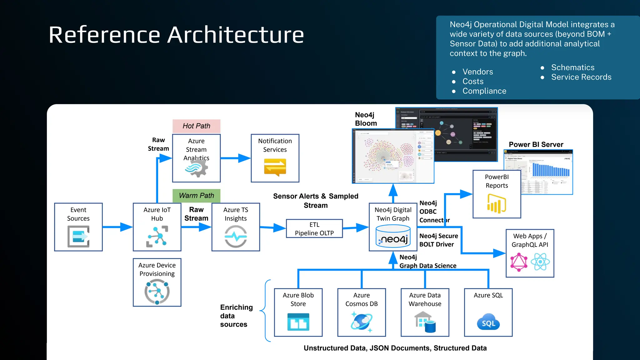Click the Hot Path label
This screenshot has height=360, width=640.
click(196, 126)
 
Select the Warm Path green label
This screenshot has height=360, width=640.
click(196, 196)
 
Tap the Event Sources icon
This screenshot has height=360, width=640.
click(78, 237)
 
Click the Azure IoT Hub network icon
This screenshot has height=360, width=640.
click(157, 237)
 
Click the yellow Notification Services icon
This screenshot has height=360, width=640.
click(275, 167)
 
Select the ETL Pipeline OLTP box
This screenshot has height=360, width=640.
click(314, 229)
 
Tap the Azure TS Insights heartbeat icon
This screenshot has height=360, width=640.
click(236, 237)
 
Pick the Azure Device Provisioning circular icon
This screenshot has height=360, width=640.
click(157, 292)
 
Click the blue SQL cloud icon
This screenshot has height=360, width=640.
click(488, 322)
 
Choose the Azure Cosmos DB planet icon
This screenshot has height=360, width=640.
click(362, 322)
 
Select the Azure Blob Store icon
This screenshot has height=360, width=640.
click(298, 322)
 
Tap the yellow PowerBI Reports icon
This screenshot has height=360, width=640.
click(497, 203)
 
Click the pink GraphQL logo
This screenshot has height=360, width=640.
click(519, 262)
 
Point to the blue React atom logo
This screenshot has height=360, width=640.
click(540, 262)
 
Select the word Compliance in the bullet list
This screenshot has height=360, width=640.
click(484, 91)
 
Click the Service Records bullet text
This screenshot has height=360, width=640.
click(581, 77)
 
